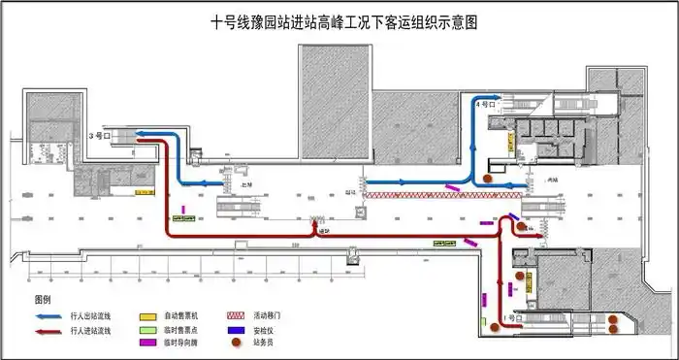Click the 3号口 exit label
pyautogui.click(x=97, y=136)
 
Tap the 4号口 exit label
pyautogui.click(x=486, y=102)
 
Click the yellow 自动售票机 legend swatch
pyautogui.click(x=147, y=316)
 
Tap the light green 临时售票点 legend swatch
pyautogui.click(x=147, y=330)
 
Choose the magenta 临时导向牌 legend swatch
pyautogui.click(x=147, y=343)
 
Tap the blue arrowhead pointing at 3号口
pyautogui.click(x=140, y=134)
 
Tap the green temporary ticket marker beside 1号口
pyautogui.click(x=482, y=319)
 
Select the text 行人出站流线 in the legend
pyautogui.click(x=91, y=316)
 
